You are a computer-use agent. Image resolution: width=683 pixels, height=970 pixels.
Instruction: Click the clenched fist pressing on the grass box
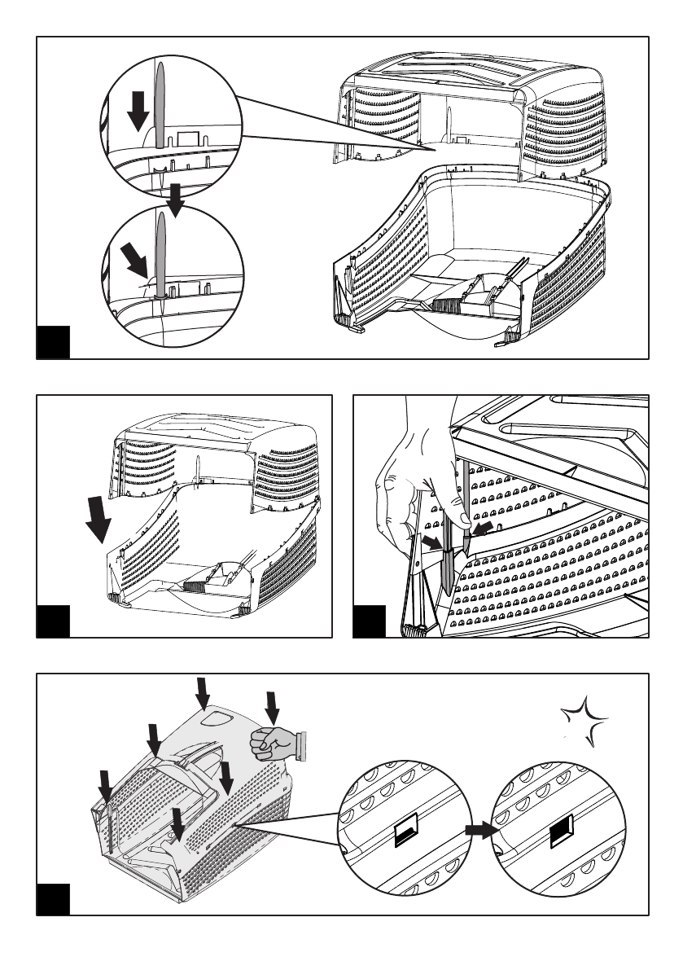(273, 742)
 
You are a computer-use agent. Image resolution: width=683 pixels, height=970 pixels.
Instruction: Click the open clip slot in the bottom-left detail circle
(405, 832)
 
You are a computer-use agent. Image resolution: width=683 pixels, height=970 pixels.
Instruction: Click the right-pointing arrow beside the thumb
(432, 542)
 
